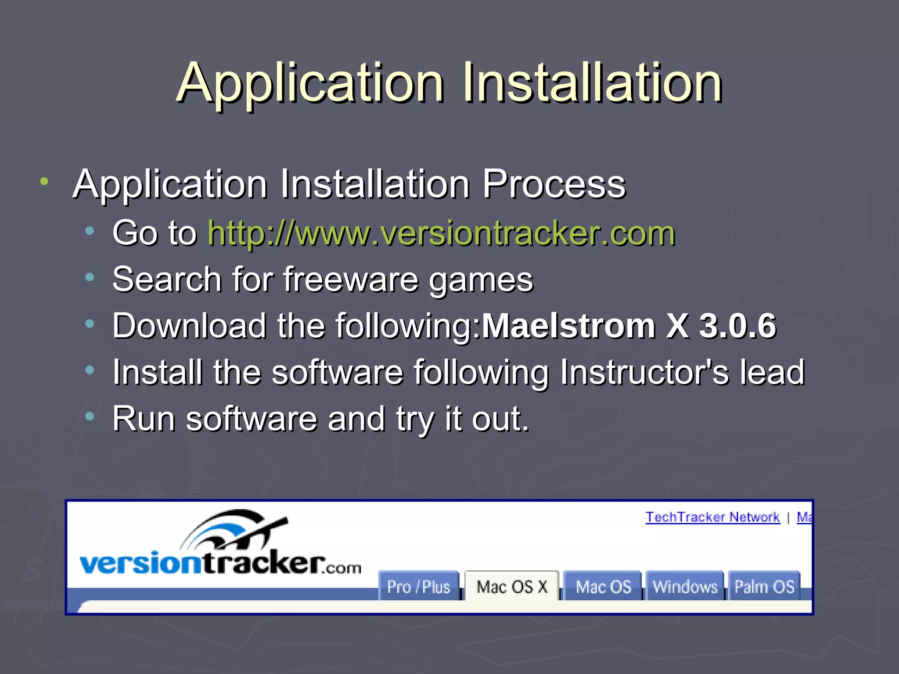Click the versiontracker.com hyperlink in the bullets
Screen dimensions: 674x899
point(441,233)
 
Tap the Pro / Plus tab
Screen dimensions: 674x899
point(418,586)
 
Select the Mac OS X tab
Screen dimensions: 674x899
point(512,586)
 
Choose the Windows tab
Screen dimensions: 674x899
point(685,586)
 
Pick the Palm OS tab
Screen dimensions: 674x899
point(764,586)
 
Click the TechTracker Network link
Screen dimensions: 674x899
point(712,517)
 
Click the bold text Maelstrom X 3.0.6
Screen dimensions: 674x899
point(629,326)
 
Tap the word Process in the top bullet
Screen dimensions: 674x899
point(554,184)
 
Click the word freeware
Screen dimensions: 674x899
point(351,280)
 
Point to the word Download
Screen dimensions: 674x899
point(189,326)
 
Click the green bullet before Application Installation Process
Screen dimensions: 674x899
point(44,181)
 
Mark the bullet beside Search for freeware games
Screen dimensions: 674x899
point(90,277)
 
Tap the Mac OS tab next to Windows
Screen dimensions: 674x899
point(603,586)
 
